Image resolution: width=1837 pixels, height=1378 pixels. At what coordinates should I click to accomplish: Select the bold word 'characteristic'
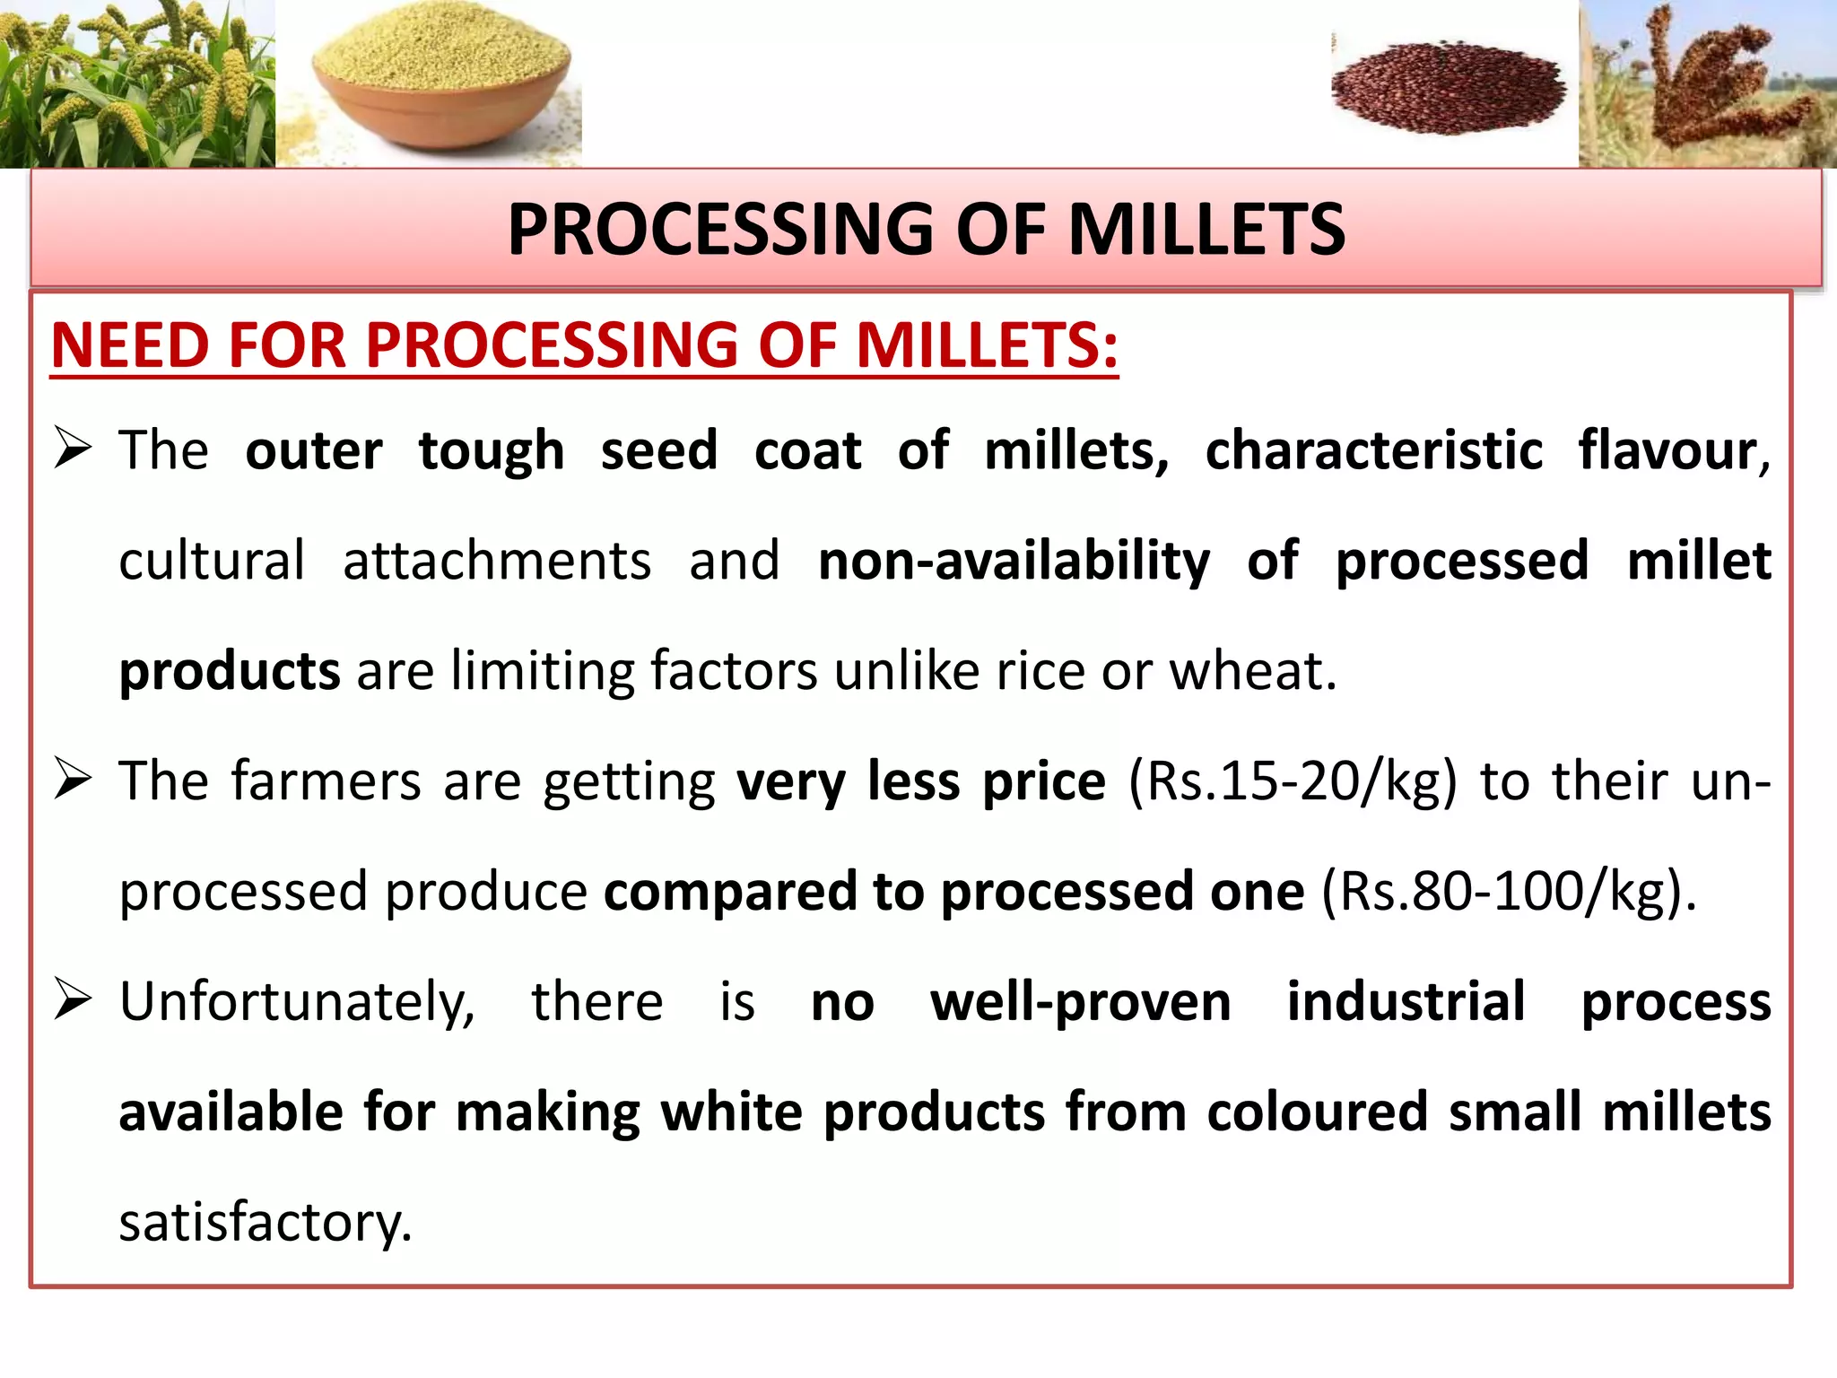[1373, 450]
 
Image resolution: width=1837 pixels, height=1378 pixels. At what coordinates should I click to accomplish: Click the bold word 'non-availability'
[1014, 562]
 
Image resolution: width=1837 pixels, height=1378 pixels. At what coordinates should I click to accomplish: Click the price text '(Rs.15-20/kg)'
[1292, 781]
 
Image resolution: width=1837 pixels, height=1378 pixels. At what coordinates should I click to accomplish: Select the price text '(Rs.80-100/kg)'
[1507, 892]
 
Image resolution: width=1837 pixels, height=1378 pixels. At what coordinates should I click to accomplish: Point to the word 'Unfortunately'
[296, 1002]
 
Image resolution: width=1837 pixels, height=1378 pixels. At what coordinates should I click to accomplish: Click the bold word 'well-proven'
[1080, 1002]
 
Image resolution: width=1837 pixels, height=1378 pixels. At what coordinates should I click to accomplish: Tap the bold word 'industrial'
[1406, 1002]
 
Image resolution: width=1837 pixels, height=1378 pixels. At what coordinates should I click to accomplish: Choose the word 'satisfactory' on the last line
[264, 1223]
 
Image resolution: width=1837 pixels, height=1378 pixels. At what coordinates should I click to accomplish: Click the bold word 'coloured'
[1317, 1112]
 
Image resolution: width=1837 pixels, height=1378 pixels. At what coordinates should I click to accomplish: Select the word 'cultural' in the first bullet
[212, 562]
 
